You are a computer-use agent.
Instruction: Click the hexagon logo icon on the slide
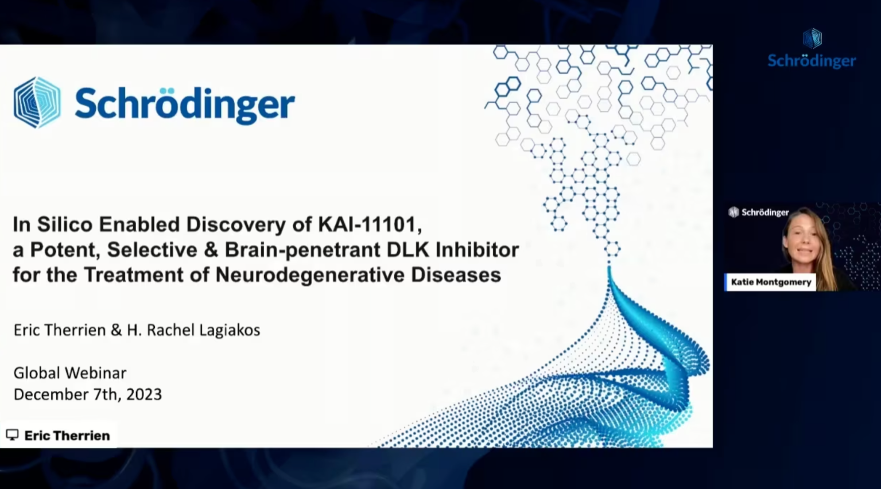coord(37,103)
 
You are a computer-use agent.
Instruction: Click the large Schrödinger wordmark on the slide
coord(185,104)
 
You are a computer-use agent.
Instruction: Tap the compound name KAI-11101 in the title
coord(370,224)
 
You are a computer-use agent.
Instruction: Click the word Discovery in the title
coord(236,225)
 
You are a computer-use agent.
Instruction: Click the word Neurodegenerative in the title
coord(310,274)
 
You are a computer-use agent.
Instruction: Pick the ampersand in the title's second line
coord(211,250)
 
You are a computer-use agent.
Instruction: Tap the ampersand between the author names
coord(117,330)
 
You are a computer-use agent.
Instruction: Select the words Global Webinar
coord(70,373)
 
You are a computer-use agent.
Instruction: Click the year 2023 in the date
coord(144,394)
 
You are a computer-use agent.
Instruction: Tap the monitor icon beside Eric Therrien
coord(12,434)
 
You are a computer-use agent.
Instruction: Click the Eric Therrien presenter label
coord(67,436)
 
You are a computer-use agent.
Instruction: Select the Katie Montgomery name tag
coord(771,282)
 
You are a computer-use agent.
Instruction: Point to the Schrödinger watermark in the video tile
coord(759,212)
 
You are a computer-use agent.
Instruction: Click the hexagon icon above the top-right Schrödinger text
coord(812,38)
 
